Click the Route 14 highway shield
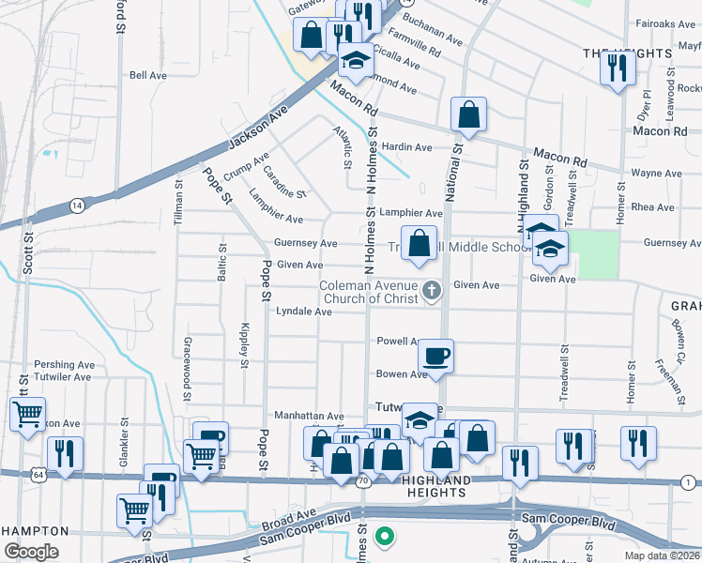click(x=76, y=204)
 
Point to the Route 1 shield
click(x=688, y=481)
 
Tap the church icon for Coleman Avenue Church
click(x=432, y=290)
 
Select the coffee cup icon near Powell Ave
click(x=435, y=357)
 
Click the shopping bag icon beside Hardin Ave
click(x=468, y=116)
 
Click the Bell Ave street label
click(x=147, y=75)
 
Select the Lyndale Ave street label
click(x=303, y=312)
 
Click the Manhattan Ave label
click(x=309, y=416)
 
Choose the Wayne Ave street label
click(x=656, y=174)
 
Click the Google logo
click(x=31, y=551)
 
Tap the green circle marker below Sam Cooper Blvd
click(x=383, y=537)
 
